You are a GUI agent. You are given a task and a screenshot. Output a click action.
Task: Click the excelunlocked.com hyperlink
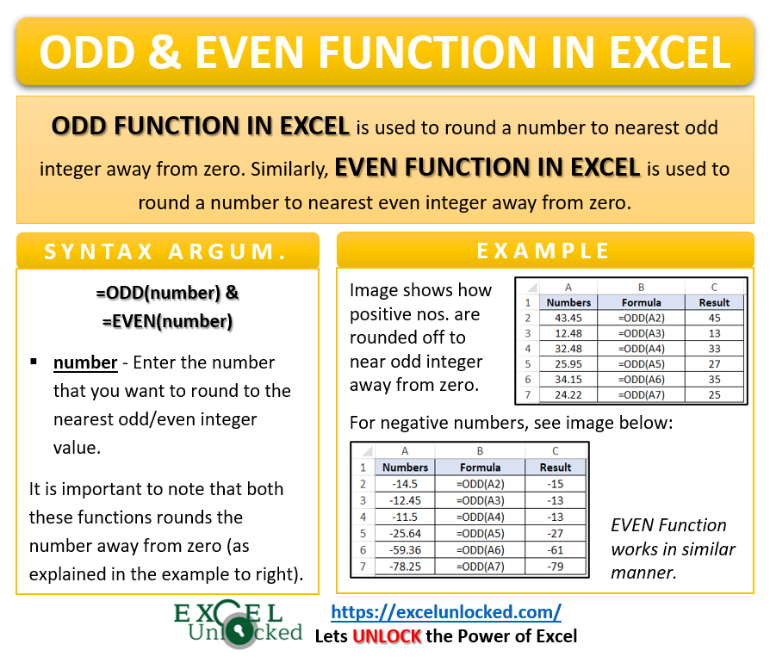click(x=446, y=612)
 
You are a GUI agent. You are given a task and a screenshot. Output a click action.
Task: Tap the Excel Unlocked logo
click(x=239, y=624)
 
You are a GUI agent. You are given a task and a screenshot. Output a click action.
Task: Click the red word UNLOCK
click(x=387, y=636)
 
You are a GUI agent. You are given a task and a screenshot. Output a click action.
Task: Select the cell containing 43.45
click(x=568, y=319)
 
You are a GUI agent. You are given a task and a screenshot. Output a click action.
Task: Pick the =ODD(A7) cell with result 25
click(x=641, y=396)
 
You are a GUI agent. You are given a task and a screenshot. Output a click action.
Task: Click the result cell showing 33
click(x=714, y=350)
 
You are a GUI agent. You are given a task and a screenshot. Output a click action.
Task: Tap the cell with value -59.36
click(x=405, y=549)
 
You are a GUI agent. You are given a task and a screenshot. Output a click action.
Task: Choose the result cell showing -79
click(x=556, y=566)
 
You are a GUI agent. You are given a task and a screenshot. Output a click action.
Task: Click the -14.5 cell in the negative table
click(x=405, y=484)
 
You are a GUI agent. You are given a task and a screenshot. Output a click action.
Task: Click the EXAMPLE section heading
click(x=543, y=251)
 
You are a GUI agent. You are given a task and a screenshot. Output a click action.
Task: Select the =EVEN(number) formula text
click(x=167, y=321)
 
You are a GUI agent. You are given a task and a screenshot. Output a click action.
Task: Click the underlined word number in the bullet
click(x=84, y=362)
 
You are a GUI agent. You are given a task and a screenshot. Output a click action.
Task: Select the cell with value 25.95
click(x=568, y=365)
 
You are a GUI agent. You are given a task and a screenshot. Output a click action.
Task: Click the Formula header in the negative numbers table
click(x=480, y=468)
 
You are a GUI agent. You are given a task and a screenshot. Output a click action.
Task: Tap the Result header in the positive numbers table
click(x=714, y=302)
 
